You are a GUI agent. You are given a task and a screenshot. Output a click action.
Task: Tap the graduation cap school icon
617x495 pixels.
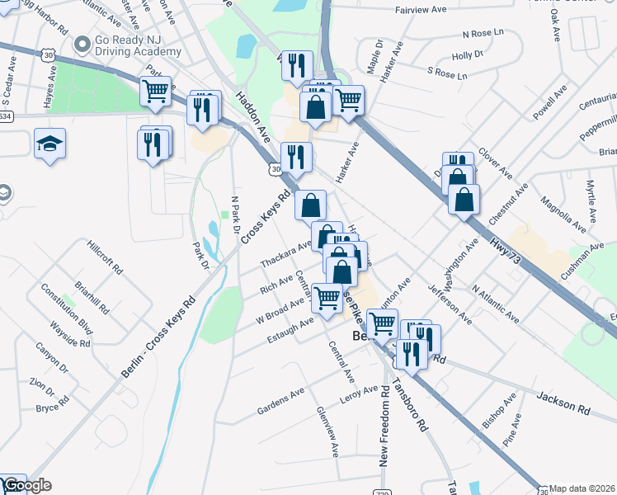pos(49,144)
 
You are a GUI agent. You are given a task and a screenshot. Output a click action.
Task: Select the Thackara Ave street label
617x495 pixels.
pos(285,252)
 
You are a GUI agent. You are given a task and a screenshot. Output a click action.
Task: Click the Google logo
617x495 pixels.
pos(26,486)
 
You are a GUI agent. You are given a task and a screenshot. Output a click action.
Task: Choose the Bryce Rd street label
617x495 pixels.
pos(52,408)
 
